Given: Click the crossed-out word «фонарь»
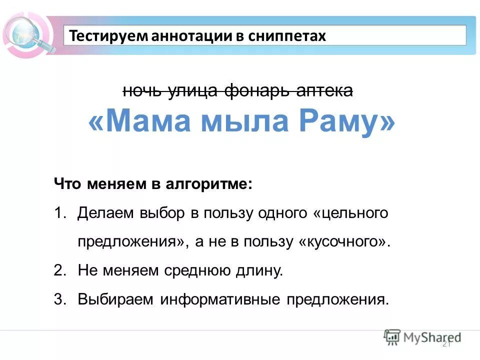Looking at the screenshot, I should pos(259,90).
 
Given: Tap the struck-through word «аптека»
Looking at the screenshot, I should pos(325,90).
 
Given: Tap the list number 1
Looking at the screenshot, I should pos(59,213).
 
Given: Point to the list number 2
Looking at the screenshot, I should pos(59,271).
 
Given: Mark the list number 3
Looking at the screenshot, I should pos(59,300).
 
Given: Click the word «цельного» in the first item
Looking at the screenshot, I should pos(350,213).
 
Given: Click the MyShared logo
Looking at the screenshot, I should pos(422,337).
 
